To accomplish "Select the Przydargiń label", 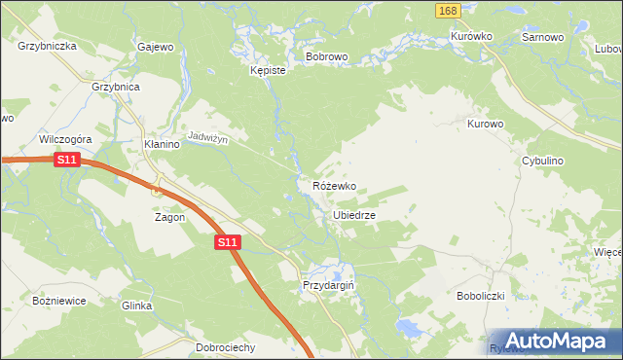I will [327, 285].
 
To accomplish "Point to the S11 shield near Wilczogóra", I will [66, 160].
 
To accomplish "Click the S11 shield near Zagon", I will [226, 241].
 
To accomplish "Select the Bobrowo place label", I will [326, 57].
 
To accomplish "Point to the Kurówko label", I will [471, 36].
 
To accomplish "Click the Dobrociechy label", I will [225, 347].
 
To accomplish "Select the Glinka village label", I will [136, 306].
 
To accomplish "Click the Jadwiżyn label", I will [207, 139].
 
